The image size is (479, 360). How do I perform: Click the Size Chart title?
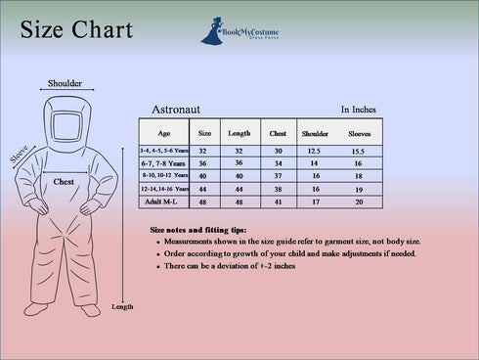click(x=76, y=30)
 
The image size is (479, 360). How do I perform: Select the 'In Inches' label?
click(x=358, y=111)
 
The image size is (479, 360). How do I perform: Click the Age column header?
click(x=163, y=132)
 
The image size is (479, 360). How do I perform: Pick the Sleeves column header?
click(x=359, y=132)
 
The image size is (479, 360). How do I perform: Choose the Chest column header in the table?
click(x=278, y=132)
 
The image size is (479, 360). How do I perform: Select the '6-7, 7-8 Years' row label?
click(x=163, y=163)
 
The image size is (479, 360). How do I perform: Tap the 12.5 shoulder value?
click(x=315, y=151)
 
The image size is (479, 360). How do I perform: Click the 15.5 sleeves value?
click(x=359, y=151)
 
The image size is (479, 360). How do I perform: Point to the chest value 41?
click(x=278, y=202)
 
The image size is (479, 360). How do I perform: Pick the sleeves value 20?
click(x=359, y=202)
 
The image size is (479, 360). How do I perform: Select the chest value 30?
click(x=278, y=151)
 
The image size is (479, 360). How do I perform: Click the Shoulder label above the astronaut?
click(x=65, y=83)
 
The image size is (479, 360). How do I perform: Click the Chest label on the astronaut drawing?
click(x=64, y=182)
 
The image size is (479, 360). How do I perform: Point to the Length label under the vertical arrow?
click(x=122, y=307)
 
